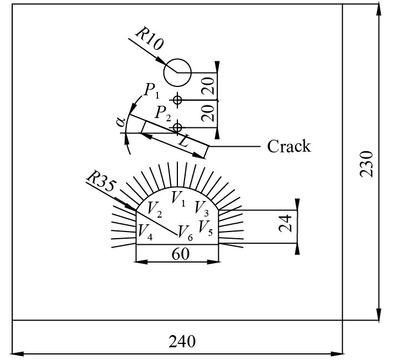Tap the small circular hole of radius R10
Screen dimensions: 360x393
(x=177, y=73)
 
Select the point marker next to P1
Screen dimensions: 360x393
(x=177, y=100)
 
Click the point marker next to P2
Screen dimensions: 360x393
(x=177, y=127)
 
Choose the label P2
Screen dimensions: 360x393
(x=164, y=114)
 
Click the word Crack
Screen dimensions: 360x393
(x=289, y=146)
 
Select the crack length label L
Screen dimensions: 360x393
(x=183, y=142)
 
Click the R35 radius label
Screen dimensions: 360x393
(x=100, y=181)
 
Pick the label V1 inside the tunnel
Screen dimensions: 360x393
(x=178, y=197)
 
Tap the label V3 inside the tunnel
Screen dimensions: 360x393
(x=201, y=208)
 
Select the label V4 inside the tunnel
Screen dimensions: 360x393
(x=145, y=230)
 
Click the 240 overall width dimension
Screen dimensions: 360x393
(x=182, y=341)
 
